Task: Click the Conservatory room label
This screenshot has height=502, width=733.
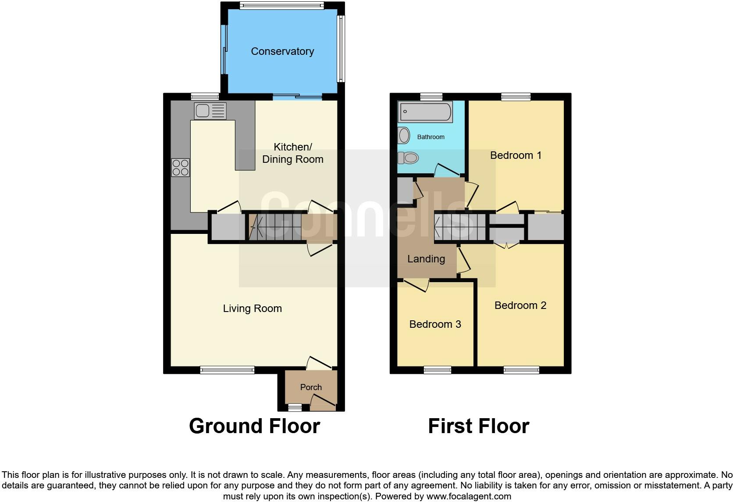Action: coord(282,51)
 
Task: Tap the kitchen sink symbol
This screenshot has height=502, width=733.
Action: coord(210,111)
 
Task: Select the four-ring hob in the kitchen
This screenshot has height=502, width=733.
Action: coord(180,167)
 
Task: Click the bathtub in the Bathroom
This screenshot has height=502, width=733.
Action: coord(425,112)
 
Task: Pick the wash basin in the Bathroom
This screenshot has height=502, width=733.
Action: coord(404,136)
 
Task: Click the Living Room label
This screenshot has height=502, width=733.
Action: coord(252,308)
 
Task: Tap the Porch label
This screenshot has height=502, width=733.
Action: coord(311,387)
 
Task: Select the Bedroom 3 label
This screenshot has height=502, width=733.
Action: coord(435,324)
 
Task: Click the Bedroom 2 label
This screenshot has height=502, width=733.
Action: coord(520,305)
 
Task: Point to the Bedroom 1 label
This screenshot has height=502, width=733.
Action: coord(516,155)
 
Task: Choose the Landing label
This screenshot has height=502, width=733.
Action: coord(426,259)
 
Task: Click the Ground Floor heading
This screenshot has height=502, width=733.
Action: coord(254,426)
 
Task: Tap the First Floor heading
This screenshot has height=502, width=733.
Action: coord(478,426)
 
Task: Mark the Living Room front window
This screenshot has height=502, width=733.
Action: coord(227,370)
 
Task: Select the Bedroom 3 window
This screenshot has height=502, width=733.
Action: coord(438,370)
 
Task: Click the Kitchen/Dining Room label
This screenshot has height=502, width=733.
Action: coord(292,153)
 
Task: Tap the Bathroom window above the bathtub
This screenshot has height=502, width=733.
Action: coord(431,97)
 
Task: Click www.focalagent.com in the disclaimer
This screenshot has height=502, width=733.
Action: coord(469,497)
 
